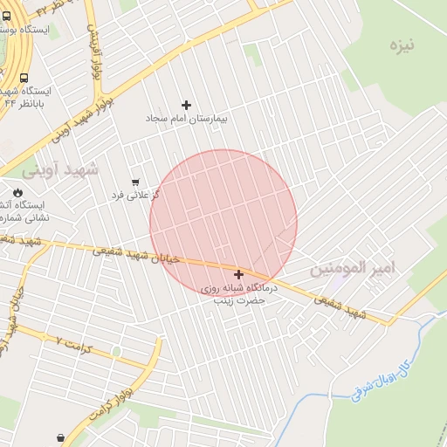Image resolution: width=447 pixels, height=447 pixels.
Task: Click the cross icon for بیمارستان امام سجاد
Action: click(186, 105)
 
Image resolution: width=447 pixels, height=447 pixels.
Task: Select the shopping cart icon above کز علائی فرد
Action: click(134, 182)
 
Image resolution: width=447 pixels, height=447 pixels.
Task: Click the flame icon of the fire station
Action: click(17, 193)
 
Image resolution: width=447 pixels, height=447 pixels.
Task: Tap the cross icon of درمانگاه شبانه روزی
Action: click(238, 274)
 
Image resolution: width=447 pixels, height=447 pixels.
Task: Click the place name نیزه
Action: click(402, 44)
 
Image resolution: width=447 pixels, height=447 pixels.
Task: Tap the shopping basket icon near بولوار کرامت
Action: click(60, 437)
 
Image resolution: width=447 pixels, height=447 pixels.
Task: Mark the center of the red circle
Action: click(223, 223)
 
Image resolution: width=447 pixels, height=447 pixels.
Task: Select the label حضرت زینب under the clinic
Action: click(239, 299)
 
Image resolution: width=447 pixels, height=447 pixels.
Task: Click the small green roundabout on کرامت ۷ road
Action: click(115, 351)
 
